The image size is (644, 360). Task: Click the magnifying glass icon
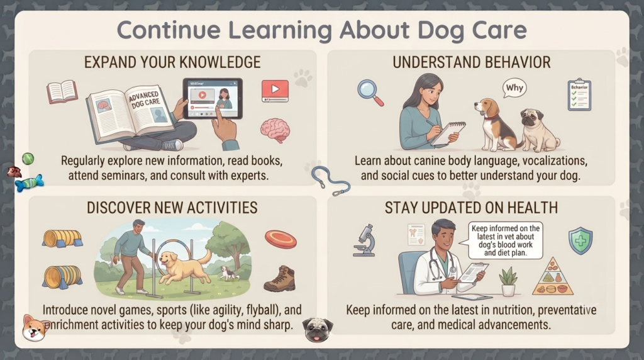tap(370, 93)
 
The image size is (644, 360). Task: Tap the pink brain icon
tap(275, 130)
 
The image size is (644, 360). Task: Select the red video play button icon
tap(275, 91)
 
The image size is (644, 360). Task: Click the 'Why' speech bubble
tap(514, 88)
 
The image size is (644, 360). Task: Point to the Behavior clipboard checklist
tap(579, 95)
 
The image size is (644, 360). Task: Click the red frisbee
tap(280, 239)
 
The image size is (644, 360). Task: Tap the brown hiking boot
tap(280, 279)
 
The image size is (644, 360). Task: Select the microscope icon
tap(364, 240)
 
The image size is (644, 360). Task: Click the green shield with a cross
tap(580, 241)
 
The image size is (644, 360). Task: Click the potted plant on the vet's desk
tap(508, 281)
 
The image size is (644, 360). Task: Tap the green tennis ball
tap(28, 159)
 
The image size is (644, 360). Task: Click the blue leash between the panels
tap(331, 181)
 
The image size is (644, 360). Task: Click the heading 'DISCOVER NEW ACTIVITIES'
tap(172, 208)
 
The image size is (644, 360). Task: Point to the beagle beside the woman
tap(494, 125)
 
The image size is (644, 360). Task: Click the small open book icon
tap(62, 91)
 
